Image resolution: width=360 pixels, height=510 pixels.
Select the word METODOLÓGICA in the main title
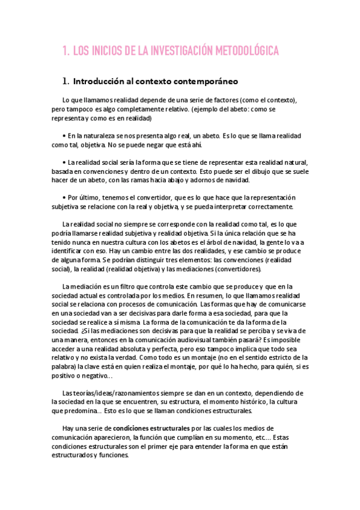pyautogui.click(x=246, y=52)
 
